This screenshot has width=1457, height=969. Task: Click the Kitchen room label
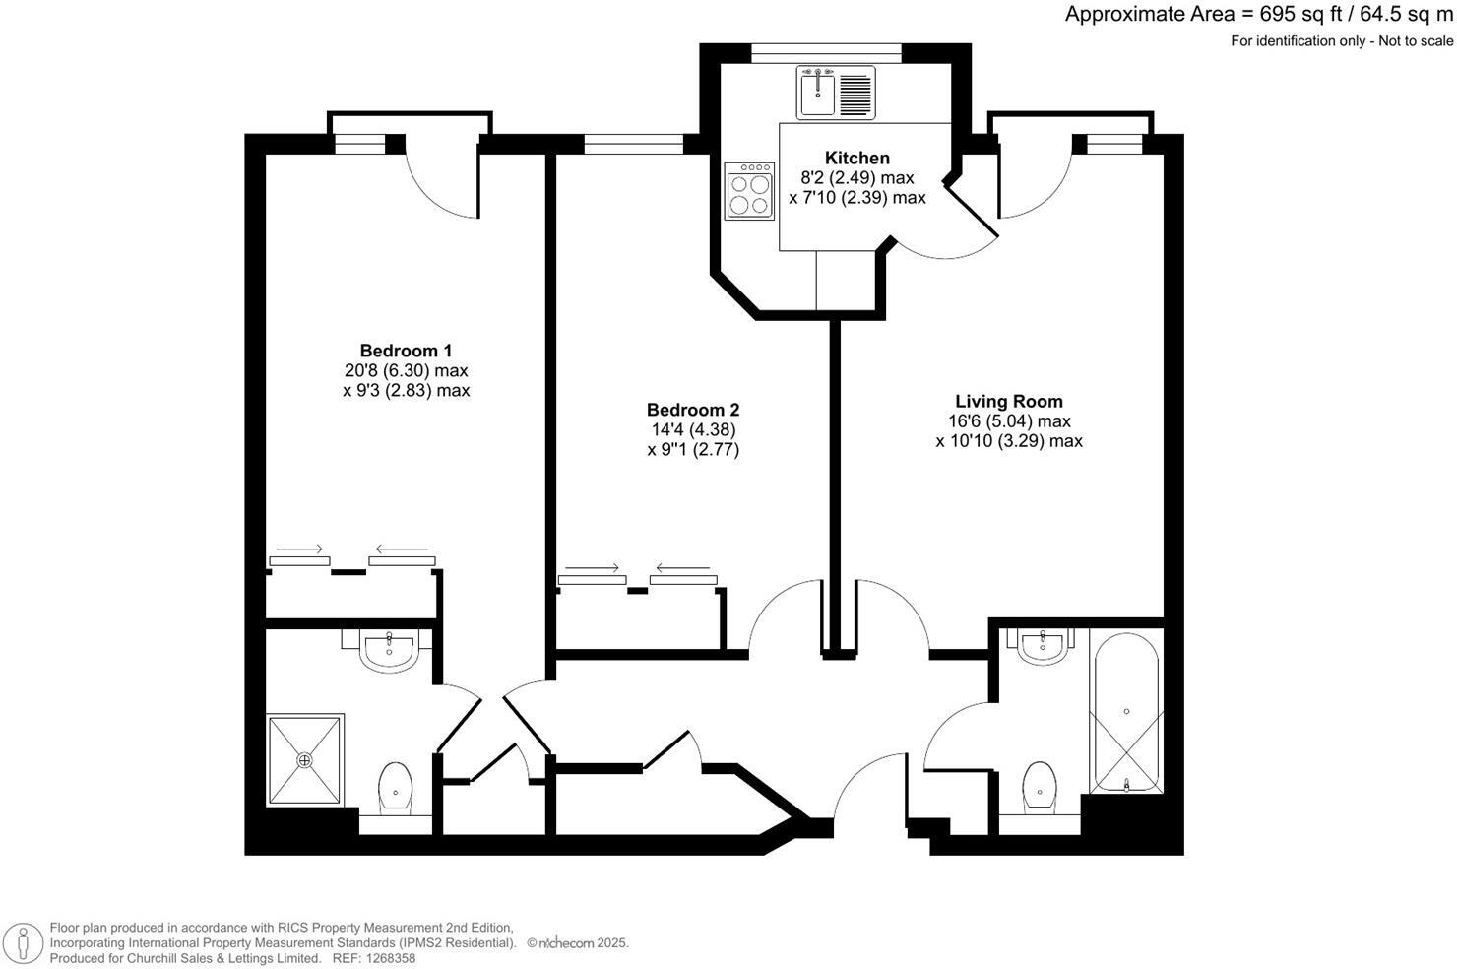(856, 158)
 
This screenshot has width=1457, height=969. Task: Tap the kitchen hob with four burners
(749, 191)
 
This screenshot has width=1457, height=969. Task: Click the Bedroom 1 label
(406, 351)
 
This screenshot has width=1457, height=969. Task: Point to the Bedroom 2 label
(693, 410)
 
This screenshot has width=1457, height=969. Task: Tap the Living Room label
(1009, 401)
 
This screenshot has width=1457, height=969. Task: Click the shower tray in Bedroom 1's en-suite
(305, 759)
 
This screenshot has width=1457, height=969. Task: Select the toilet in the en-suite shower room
(395, 787)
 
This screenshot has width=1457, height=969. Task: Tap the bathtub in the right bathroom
(1126, 714)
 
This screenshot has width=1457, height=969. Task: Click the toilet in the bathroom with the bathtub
(1040, 785)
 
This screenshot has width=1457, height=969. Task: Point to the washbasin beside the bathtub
(1042, 646)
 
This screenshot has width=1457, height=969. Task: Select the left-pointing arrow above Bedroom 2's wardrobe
(682, 567)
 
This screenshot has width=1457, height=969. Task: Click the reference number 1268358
(389, 958)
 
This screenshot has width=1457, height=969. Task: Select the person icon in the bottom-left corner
(21, 942)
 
